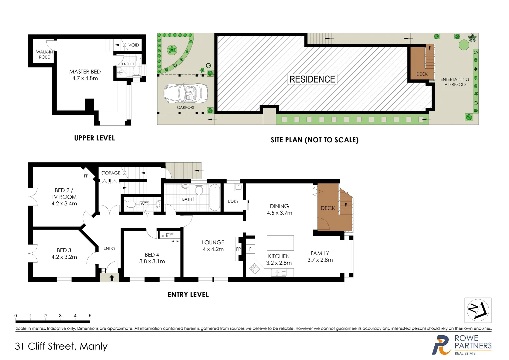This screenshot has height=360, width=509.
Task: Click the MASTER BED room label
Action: pos(85,72)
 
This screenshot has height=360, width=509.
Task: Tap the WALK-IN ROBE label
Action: pos(44,55)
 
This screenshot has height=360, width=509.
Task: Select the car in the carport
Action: pos(186,93)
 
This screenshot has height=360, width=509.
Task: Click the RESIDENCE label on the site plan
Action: pos(312,79)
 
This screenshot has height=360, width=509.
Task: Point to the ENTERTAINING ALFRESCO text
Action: pos(455,82)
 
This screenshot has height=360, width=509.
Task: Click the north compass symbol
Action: pos(478,310)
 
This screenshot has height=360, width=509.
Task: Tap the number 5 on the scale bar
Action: pos(90,316)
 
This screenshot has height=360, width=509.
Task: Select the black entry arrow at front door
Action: pos(112,278)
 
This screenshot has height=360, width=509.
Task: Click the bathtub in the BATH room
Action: pos(215,197)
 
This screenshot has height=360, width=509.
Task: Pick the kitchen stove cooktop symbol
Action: pos(255,269)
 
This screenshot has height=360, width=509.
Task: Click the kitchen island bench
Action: pos(280,243)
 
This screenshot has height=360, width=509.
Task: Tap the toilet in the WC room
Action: pos(131,204)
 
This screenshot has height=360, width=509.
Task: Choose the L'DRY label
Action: pos(233,201)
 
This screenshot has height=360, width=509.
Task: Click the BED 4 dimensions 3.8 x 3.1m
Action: pos(152,262)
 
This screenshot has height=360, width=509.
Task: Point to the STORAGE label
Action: pos(111,173)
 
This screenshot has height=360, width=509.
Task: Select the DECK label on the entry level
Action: pos(327,208)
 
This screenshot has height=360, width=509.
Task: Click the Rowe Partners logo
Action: pos(461,345)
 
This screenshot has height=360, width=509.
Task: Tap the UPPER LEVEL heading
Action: pos(95,138)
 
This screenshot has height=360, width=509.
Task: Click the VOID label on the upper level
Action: pos(134,45)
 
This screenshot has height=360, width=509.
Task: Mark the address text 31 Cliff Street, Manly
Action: pos(61,347)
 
